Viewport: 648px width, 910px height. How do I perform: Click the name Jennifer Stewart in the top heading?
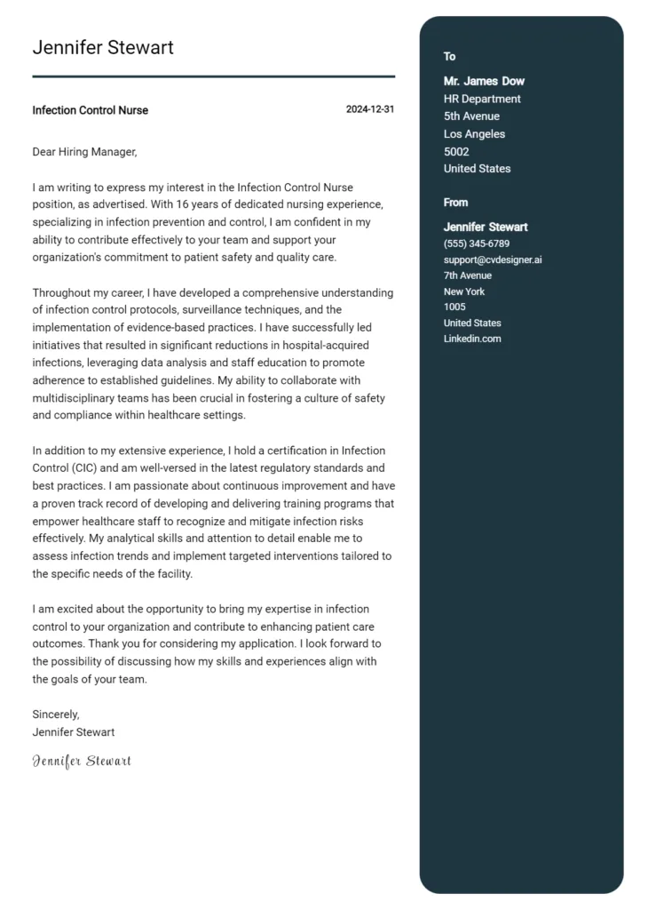pyautogui.click(x=103, y=48)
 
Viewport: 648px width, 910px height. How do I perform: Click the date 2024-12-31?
pyautogui.click(x=370, y=109)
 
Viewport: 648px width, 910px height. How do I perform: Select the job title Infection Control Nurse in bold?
pyautogui.click(x=90, y=110)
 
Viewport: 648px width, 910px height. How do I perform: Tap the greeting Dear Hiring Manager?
pyautogui.click(x=84, y=152)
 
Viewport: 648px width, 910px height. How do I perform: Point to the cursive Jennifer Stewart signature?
pyautogui.click(x=82, y=761)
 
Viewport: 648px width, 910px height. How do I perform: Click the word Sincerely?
pyautogui.click(x=56, y=714)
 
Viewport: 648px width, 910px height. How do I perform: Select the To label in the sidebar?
pyautogui.click(x=449, y=57)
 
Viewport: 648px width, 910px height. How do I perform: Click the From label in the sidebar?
pyautogui.click(x=455, y=203)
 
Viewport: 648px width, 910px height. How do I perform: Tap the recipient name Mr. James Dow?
pyautogui.click(x=484, y=82)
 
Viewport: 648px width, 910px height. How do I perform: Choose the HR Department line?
pyautogui.click(x=482, y=99)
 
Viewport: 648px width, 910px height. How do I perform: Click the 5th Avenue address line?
pyautogui.click(x=471, y=116)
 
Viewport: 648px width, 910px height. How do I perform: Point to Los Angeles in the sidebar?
pyautogui.click(x=474, y=134)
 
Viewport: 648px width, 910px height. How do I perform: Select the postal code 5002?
pyautogui.click(x=456, y=152)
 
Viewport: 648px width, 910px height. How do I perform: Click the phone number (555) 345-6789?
pyautogui.click(x=477, y=243)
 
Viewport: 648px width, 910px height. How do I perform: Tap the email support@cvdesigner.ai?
pyautogui.click(x=493, y=259)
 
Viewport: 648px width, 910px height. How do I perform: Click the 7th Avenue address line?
pyautogui.click(x=468, y=275)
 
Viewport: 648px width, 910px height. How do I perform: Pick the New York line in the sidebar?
pyautogui.click(x=464, y=291)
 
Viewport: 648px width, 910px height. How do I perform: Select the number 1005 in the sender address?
pyautogui.click(x=454, y=307)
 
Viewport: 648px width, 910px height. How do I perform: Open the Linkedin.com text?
pyautogui.click(x=472, y=339)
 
